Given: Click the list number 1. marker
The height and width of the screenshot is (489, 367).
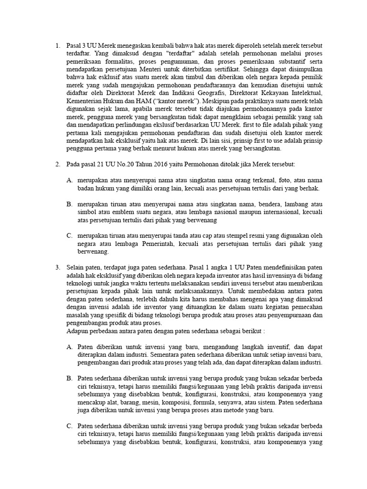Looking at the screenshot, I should (57, 46).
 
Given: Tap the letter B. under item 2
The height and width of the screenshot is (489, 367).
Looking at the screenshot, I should (70, 203).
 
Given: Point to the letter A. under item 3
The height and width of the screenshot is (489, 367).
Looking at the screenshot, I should (70, 345).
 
